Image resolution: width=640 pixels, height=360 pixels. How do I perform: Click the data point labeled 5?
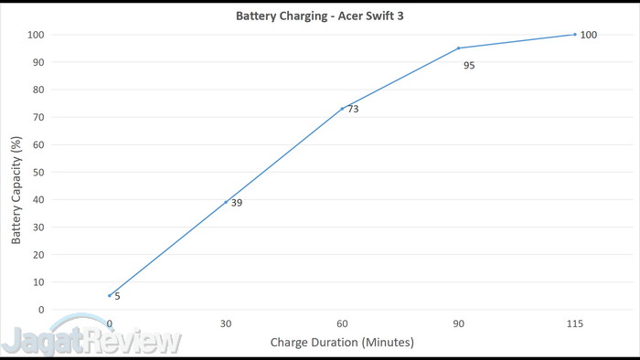point(110,295)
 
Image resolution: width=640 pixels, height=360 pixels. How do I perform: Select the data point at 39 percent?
point(226,202)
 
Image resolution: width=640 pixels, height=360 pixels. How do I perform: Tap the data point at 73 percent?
point(342,109)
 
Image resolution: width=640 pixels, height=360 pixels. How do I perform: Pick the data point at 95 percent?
point(458,48)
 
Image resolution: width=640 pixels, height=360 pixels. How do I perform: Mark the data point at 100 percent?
point(574,35)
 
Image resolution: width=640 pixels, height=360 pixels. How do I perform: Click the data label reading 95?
point(469,66)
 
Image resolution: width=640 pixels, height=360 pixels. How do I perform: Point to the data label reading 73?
point(353,110)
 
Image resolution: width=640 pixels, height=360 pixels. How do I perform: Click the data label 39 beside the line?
point(237,203)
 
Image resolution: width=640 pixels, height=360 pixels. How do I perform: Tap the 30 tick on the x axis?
point(226,323)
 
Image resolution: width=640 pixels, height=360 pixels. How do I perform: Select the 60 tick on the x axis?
point(342,323)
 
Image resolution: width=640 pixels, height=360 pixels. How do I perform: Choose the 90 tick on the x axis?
point(458,323)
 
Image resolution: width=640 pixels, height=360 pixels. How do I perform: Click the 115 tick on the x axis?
point(574,323)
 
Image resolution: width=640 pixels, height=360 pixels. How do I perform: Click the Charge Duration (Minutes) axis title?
point(342,343)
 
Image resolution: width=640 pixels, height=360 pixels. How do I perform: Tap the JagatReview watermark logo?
point(91,341)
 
